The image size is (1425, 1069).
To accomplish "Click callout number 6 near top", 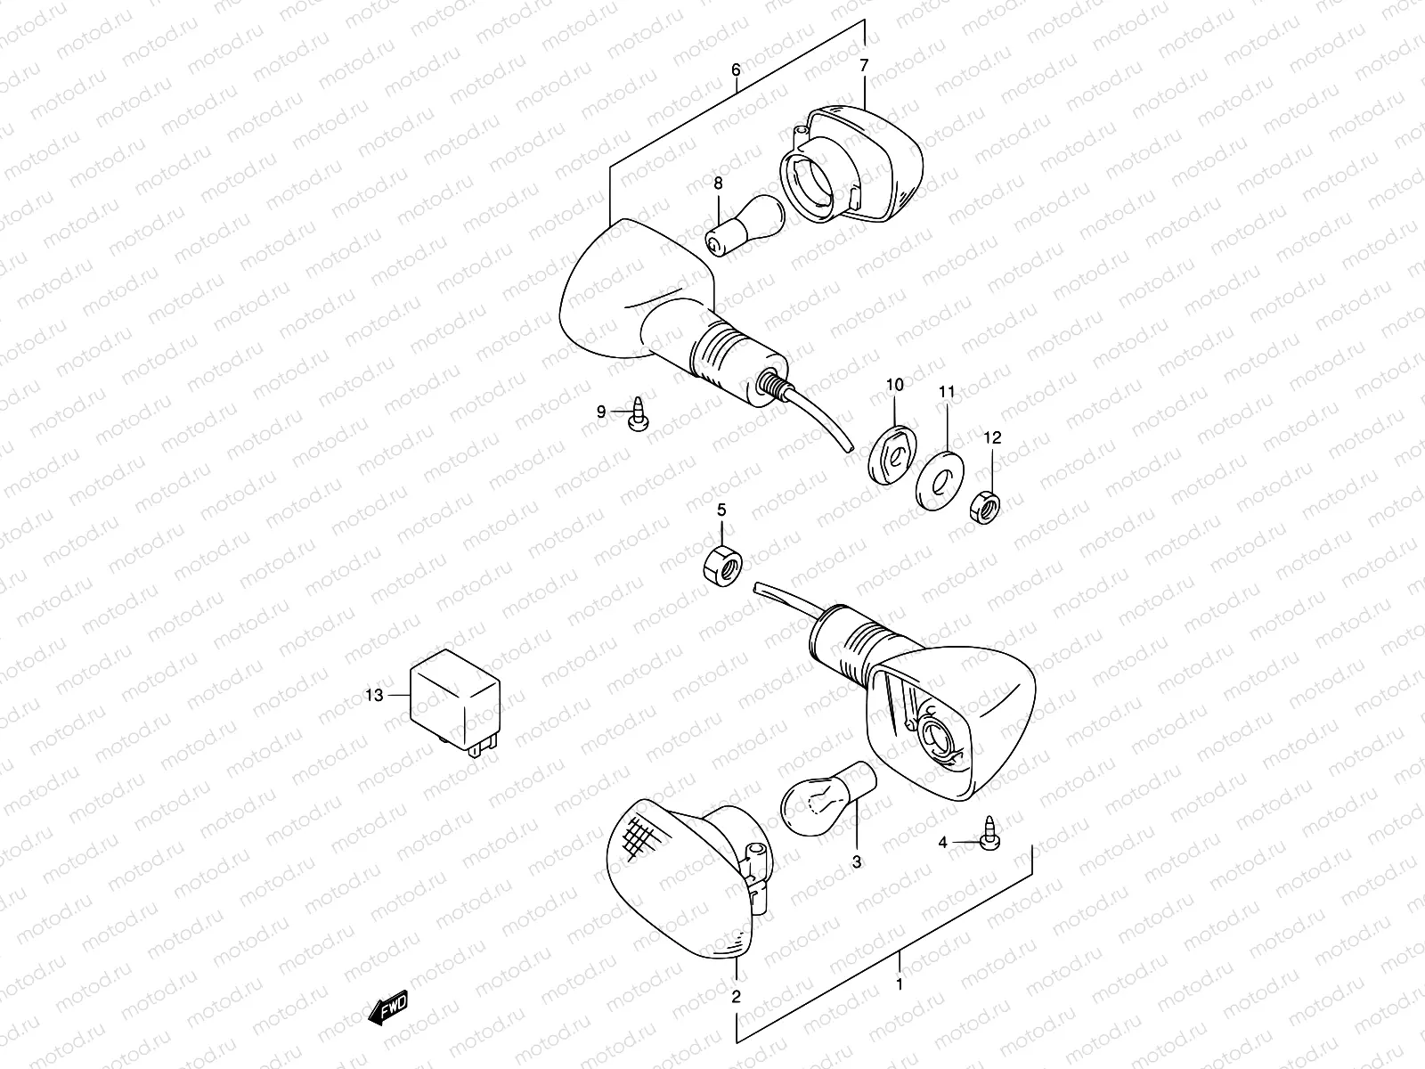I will (736, 69).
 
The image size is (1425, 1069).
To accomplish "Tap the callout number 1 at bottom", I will (900, 984).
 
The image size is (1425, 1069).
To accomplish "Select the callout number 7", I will (863, 64).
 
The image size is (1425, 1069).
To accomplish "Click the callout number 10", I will (894, 385).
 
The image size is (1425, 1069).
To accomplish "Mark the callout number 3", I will (857, 862).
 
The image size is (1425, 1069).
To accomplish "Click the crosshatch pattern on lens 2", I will (644, 837).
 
